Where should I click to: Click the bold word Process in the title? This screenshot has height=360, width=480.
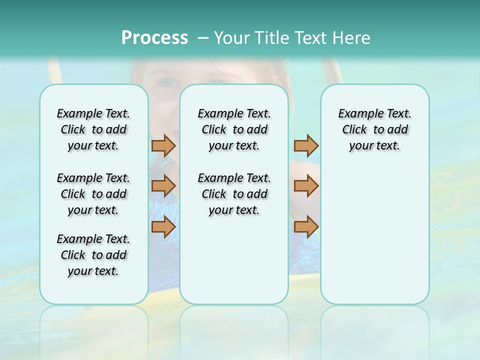point(154,37)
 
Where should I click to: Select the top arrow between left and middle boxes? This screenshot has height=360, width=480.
point(163,145)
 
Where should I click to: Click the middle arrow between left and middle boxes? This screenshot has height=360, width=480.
point(163,186)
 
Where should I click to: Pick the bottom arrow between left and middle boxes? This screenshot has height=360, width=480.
point(163,226)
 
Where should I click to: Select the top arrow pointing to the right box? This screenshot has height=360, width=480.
point(306,145)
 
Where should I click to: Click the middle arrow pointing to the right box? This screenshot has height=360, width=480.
point(306,186)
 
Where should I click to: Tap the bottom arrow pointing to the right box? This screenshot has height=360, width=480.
point(306,226)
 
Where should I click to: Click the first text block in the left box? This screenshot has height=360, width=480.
point(93,129)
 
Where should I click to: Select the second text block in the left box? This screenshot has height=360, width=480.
point(93,194)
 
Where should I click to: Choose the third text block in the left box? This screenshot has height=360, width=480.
point(93,255)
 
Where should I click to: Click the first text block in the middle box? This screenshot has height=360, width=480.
point(234,129)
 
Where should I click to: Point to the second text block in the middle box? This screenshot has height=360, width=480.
point(234,194)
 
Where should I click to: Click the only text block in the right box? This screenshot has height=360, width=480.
point(374,129)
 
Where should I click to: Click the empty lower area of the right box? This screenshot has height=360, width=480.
point(374,240)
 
